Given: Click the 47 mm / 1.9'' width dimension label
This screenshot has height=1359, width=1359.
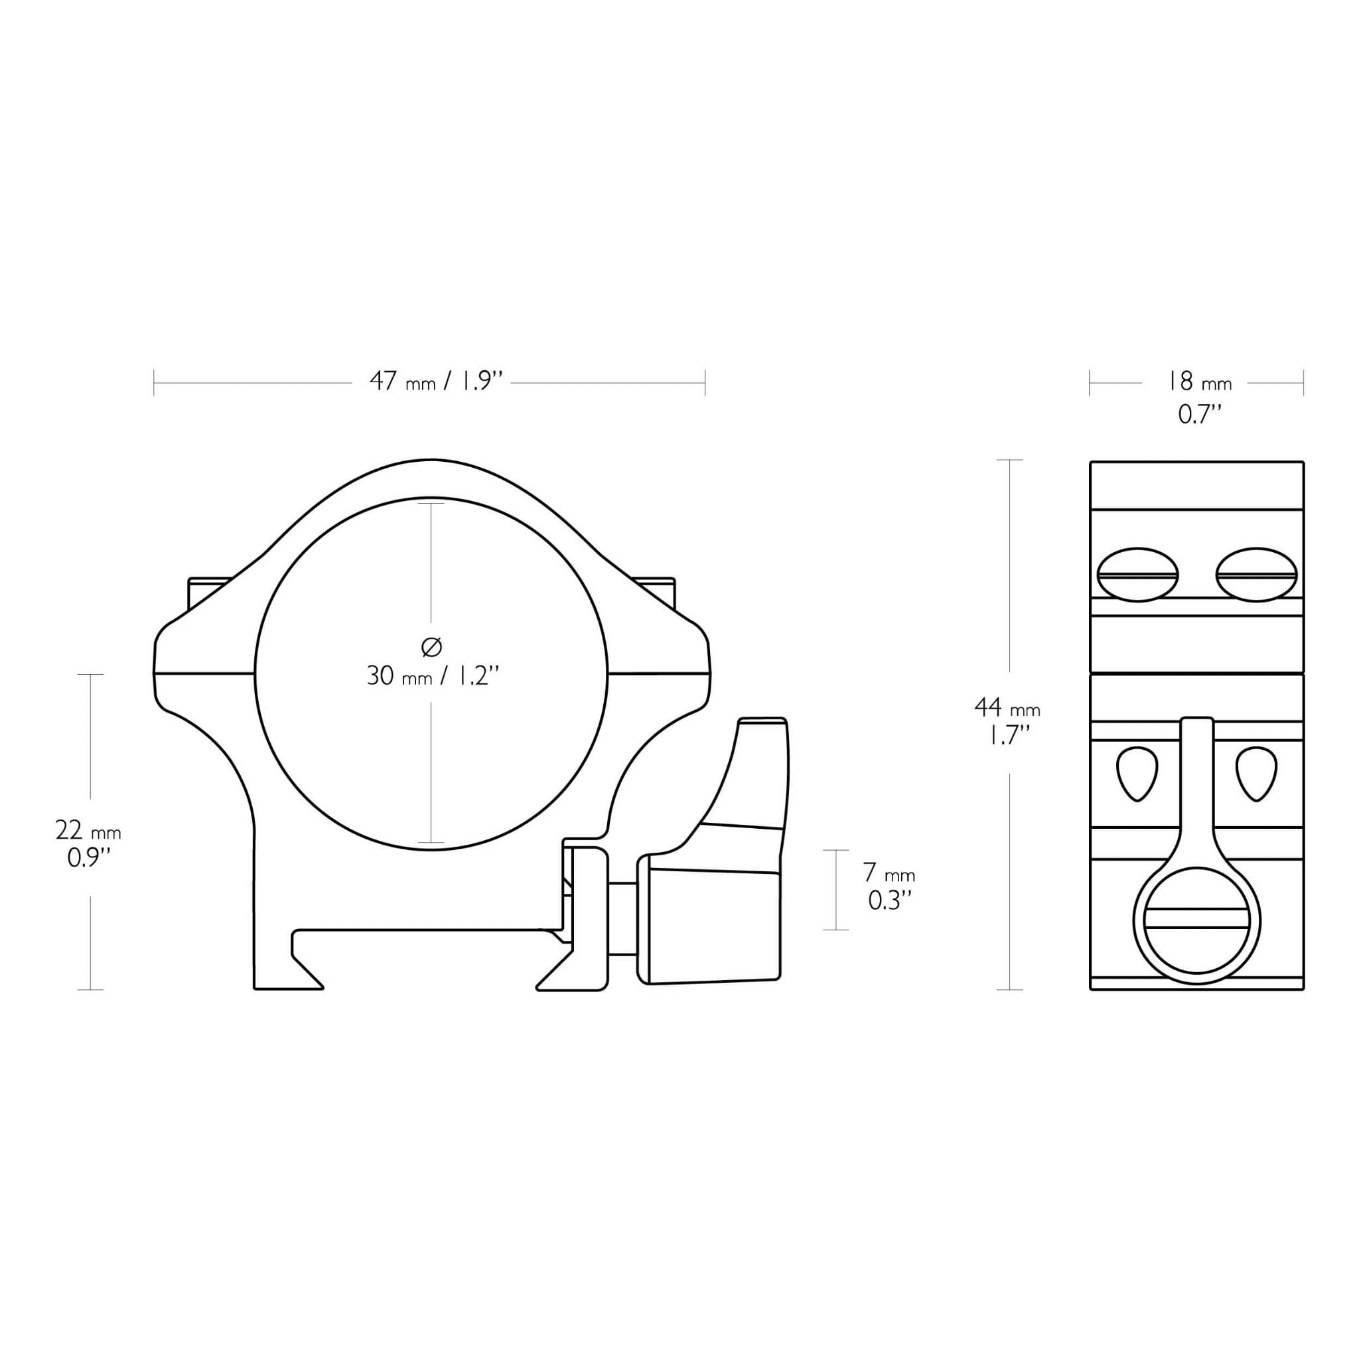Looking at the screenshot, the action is (437, 382).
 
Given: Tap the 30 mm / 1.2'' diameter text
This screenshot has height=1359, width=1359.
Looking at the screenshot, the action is (432, 676).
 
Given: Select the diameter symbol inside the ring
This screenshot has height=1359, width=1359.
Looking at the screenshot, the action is (432, 647).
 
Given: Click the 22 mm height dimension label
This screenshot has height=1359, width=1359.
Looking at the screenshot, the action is (88, 831).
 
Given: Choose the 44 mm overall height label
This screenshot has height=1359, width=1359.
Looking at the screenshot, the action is (1007, 707).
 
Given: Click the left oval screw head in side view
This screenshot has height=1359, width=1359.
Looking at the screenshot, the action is (1137, 575).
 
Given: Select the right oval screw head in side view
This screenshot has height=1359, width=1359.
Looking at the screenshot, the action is (1256, 575).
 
